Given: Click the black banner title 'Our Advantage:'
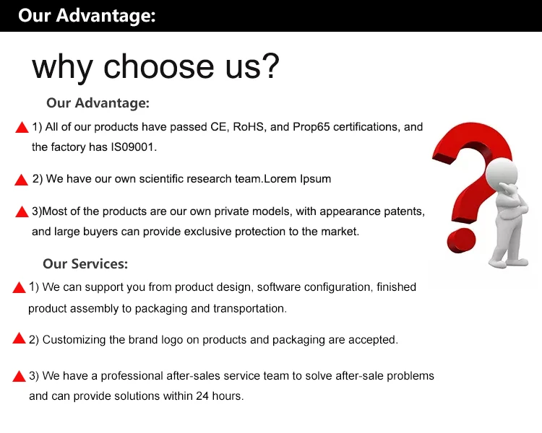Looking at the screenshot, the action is click(x=87, y=16).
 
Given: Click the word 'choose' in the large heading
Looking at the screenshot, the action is click(x=159, y=66).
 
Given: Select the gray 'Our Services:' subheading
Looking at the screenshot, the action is click(x=85, y=264).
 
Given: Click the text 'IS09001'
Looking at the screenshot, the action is click(x=132, y=147).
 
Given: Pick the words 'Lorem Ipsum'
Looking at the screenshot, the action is click(x=297, y=179).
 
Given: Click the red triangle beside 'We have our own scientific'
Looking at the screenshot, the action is click(x=22, y=180).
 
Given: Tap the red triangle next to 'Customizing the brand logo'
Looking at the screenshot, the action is click(x=19, y=338).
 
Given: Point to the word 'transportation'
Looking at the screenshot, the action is click(x=249, y=308).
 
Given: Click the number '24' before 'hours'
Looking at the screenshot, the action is click(x=202, y=395).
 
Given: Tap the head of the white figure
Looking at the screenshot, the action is click(x=502, y=172).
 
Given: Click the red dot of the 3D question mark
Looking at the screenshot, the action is click(x=462, y=240).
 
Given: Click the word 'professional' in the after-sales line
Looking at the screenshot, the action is click(x=132, y=376).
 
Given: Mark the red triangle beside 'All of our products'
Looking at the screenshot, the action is click(x=22, y=128).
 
